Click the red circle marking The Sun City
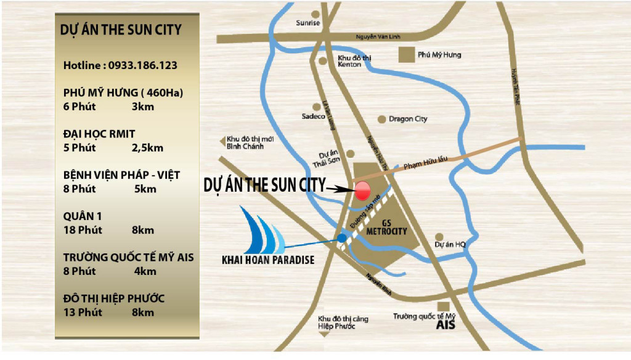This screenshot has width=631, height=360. (363, 190)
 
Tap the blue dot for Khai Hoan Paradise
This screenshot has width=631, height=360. (342, 238)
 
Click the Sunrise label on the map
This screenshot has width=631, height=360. (308, 23)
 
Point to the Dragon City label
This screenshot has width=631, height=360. (408, 119)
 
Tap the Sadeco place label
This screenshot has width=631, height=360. (313, 116)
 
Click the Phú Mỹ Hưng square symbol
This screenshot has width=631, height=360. (406, 55)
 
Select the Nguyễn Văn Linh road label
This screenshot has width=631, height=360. (378, 38)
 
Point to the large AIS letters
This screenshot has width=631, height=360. (446, 324)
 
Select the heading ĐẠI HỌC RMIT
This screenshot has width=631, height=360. (99, 134)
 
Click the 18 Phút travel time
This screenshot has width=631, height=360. (83, 230)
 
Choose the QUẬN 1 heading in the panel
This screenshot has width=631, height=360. (83, 216)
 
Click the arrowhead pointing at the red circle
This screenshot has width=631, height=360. (343, 189)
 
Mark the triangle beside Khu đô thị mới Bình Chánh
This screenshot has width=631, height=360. (223, 142)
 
